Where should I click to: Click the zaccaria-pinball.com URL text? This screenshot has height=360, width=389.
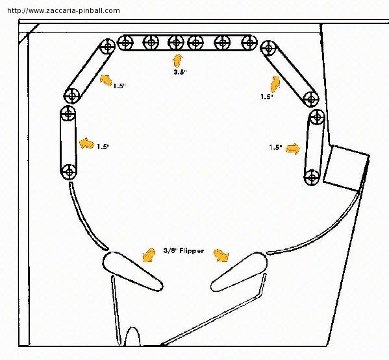tap(64, 10)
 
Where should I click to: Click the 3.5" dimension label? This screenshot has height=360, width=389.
tap(180, 72)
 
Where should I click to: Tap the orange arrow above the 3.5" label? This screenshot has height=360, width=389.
tap(178, 61)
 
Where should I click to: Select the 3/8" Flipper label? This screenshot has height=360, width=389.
tap(184, 251)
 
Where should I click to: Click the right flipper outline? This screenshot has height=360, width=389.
tap(239, 272)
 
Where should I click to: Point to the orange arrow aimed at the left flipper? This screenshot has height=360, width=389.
tap(149, 256)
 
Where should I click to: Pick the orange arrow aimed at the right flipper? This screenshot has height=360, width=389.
tap(221, 256)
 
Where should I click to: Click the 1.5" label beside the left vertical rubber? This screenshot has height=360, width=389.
tap(103, 147)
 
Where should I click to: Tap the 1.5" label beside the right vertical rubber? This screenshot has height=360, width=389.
tap(275, 147)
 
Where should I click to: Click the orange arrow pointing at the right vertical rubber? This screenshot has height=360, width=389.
tap(293, 149)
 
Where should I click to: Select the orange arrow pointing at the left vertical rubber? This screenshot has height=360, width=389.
tap(86, 143)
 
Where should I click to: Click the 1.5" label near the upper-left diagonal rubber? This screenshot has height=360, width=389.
tap(119, 86)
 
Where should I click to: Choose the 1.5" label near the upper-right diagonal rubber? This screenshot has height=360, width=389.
tap(267, 97)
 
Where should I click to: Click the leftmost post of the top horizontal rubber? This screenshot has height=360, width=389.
tap(125, 43)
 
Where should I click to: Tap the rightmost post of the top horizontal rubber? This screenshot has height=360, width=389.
tap(249, 43)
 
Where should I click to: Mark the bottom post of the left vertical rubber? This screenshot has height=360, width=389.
tap(68, 172)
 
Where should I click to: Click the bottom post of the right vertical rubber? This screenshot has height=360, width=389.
tap(312, 177)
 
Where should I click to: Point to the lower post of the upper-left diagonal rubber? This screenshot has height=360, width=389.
tap(72, 96)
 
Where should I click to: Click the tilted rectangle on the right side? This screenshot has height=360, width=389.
tap(346, 168)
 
